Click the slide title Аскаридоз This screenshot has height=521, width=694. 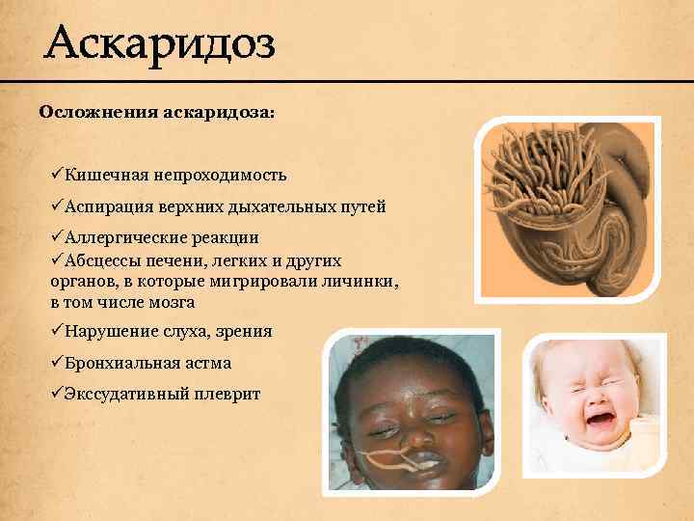[x=160, y=43]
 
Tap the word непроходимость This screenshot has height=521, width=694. [x=232, y=175]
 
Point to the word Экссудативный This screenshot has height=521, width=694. [x=126, y=395]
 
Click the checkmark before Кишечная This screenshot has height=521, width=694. [x=56, y=175]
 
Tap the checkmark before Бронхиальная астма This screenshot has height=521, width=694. [x=56, y=363]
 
